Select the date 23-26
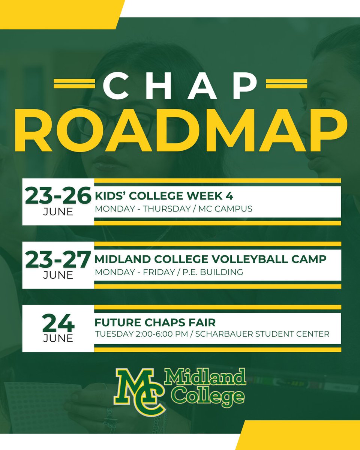point(58,196)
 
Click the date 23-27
point(58,259)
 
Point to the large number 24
point(58,322)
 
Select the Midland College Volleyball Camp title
point(210,259)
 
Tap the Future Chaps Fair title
point(155,322)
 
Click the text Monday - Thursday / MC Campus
point(173,209)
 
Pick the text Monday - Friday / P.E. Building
point(169,272)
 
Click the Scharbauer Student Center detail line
point(212,334)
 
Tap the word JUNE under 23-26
point(58,211)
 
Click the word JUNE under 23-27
point(58,275)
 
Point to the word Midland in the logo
point(205,378)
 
